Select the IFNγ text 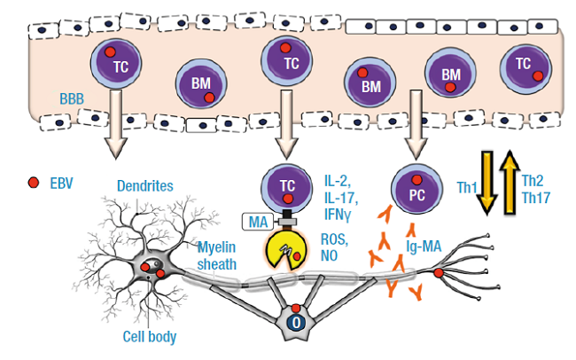point(338,212)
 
